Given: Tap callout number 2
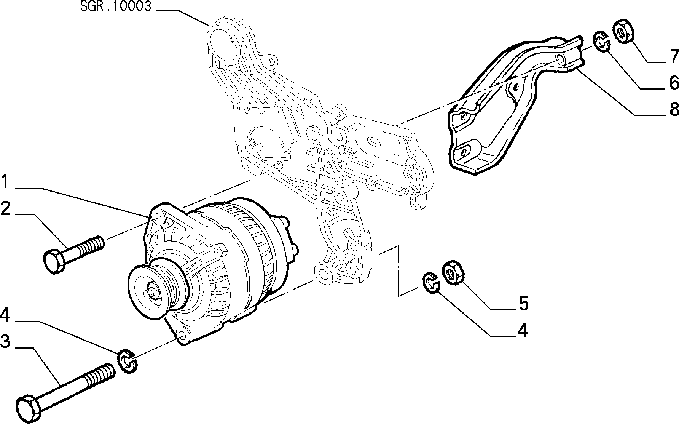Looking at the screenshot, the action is pos(5,208).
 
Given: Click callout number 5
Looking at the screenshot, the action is pos(524,303).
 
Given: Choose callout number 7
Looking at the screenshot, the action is pos(674,56).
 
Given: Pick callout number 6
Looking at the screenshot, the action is pos(674,82).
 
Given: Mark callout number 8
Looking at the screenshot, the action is pos(674,109).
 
